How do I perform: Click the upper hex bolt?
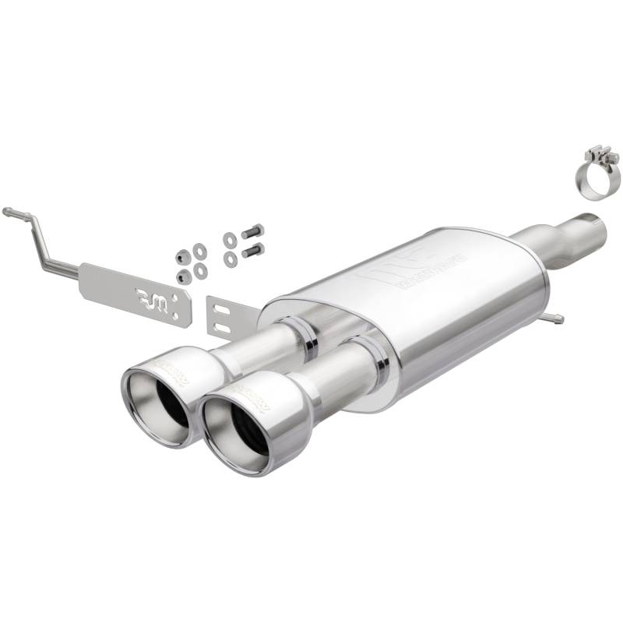click(252, 232)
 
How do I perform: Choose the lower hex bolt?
click(252, 251)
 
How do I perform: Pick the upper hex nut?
click(184, 256)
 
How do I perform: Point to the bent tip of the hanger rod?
click(8, 211)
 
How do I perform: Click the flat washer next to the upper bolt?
click(230, 239)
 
